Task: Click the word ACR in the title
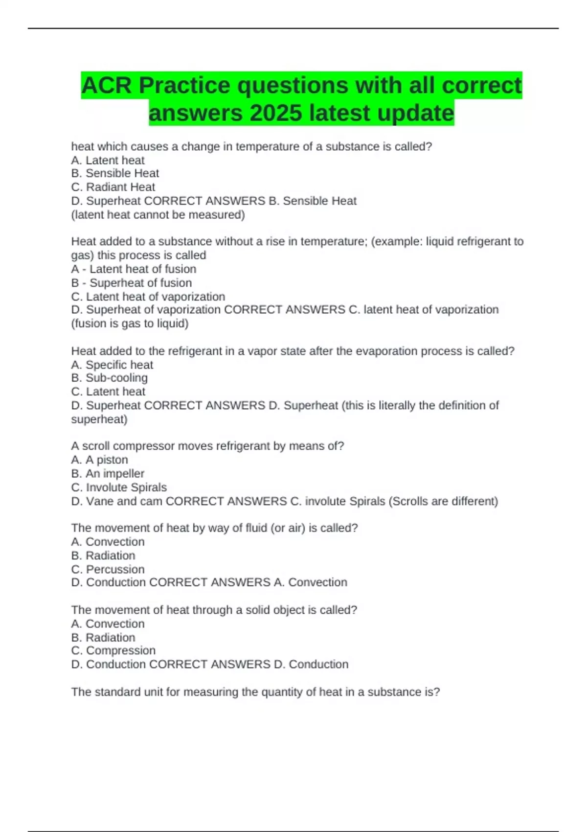click(107, 86)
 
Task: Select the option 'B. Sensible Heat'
click(115, 173)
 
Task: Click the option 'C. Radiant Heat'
click(113, 187)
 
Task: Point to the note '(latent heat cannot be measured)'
click(158, 214)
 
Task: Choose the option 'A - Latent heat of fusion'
click(134, 269)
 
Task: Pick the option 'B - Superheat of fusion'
click(131, 282)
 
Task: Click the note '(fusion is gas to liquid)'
click(130, 324)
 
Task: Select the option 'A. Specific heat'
click(112, 365)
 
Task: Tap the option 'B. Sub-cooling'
click(109, 378)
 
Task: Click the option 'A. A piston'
click(99, 460)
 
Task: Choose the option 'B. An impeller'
click(108, 473)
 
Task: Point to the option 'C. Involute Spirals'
click(119, 487)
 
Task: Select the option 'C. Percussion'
click(108, 569)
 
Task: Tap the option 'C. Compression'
click(113, 650)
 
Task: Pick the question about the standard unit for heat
click(255, 692)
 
